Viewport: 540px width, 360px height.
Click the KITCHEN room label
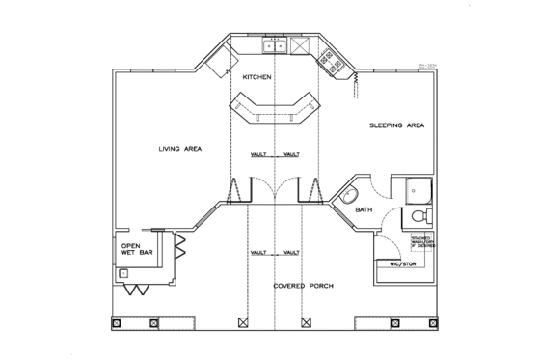[x=257, y=77]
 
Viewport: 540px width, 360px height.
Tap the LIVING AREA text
[x=179, y=149]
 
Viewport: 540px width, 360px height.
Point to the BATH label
[x=364, y=208]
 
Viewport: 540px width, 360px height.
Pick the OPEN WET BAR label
[x=132, y=252]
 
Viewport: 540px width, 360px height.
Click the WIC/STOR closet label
[x=398, y=262]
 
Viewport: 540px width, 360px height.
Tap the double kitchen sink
[x=275, y=45]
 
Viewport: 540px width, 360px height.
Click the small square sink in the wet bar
[x=124, y=273]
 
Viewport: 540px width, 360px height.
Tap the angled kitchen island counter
[x=275, y=108]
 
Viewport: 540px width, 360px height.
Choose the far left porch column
[x=117, y=323]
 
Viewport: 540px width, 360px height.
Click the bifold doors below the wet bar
[x=138, y=289]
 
